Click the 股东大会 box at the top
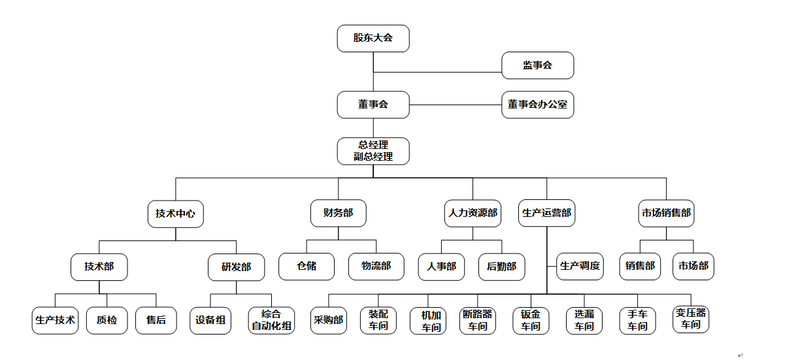(373, 38)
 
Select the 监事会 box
(537, 65)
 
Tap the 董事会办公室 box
(537, 105)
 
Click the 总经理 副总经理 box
(373, 151)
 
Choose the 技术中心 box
(175, 214)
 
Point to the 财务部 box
(338, 214)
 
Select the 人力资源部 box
(473, 214)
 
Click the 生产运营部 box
(546, 214)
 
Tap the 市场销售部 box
(665, 214)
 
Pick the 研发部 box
(236, 267)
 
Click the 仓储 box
(307, 267)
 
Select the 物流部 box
(376, 267)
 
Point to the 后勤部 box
(501, 267)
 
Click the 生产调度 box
(580, 267)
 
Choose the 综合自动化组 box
(271, 320)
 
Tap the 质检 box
(107, 320)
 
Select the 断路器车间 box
(477, 320)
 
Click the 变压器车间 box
(691, 319)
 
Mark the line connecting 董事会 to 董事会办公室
(455, 105)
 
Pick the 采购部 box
(328, 320)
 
